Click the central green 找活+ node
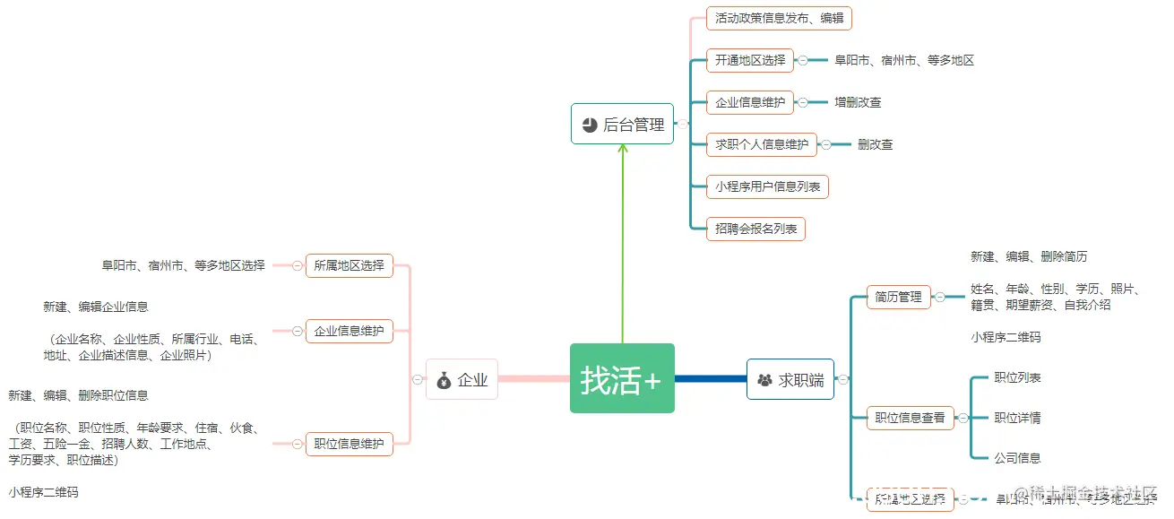click(x=622, y=378)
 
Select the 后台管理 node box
click(x=622, y=124)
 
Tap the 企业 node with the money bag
click(x=462, y=379)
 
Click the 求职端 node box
click(x=790, y=379)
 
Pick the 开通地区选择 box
click(x=749, y=60)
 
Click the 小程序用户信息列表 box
click(x=766, y=186)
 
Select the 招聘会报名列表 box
click(x=755, y=229)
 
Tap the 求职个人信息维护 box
click(x=761, y=144)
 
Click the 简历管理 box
click(x=898, y=297)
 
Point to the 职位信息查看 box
click(x=910, y=418)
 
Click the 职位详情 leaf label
click(x=1017, y=418)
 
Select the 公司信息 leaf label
click(x=1017, y=458)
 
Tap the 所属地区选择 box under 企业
click(x=349, y=265)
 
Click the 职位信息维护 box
click(x=349, y=443)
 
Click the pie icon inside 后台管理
click(x=589, y=125)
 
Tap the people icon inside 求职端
click(x=764, y=380)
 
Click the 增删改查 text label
click(x=858, y=102)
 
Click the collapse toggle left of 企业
click(x=418, y=379)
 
